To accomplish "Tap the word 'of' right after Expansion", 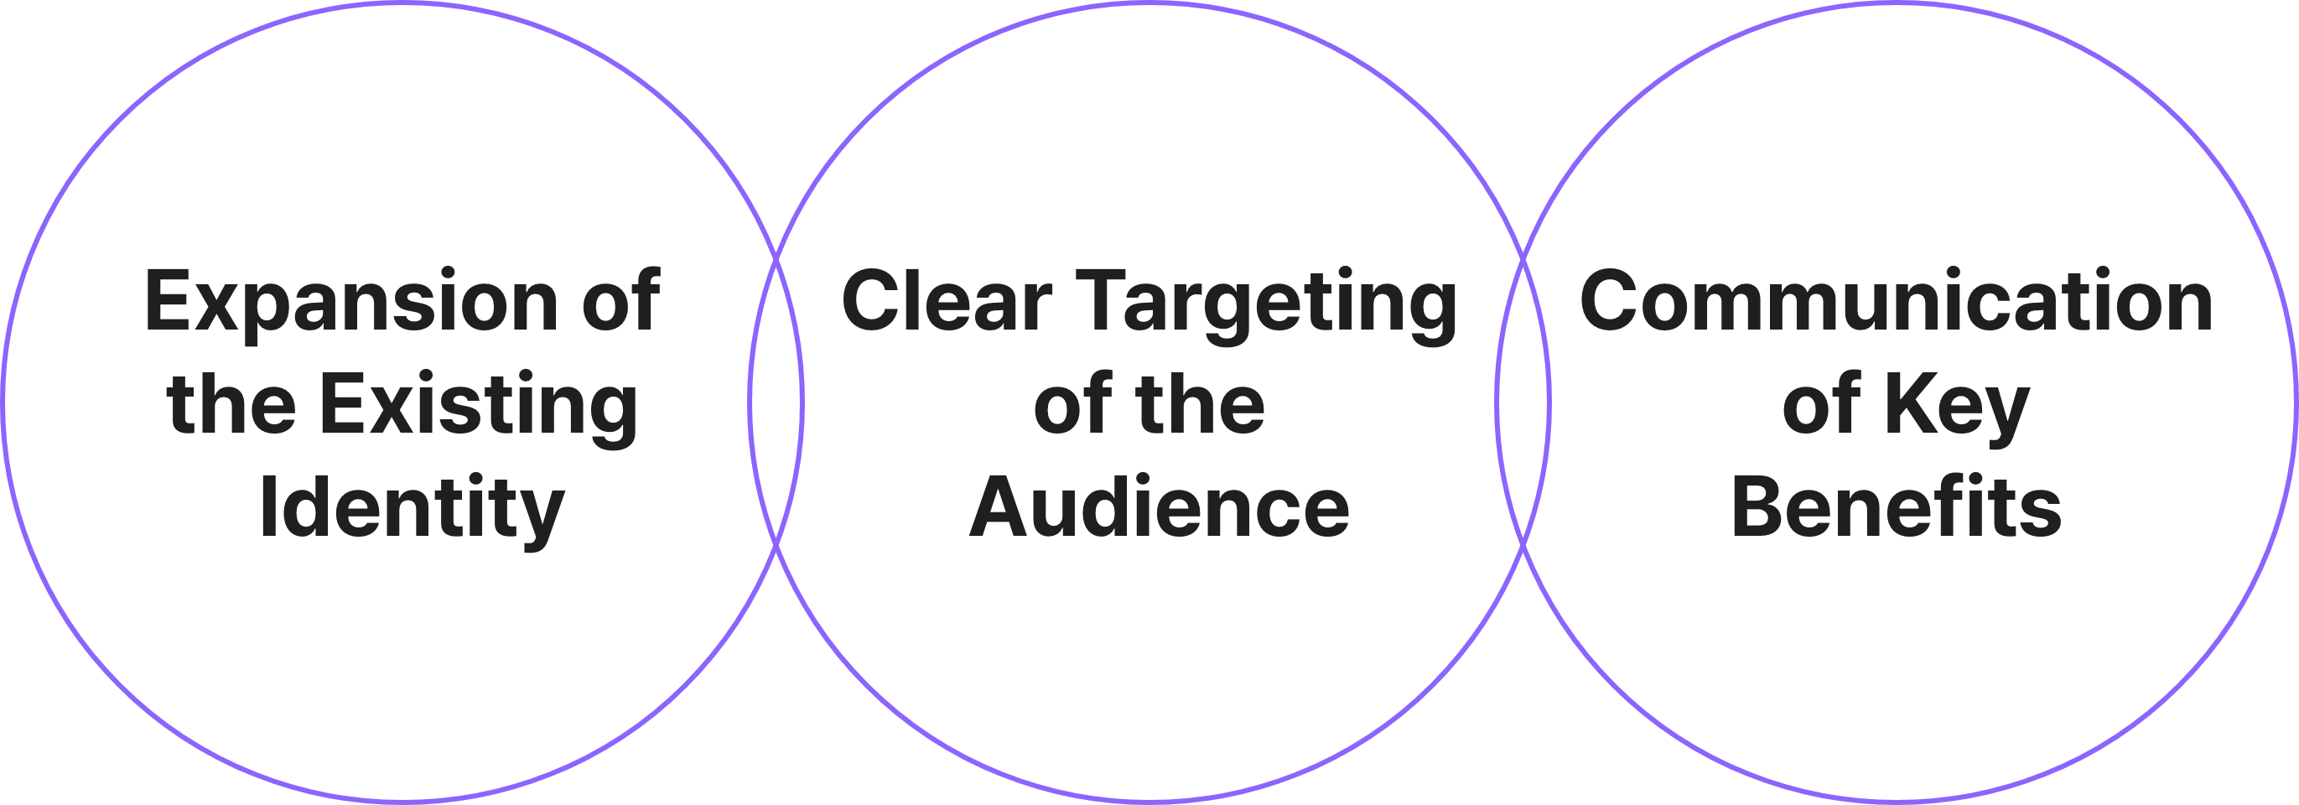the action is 621,299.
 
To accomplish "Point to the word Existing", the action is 479,408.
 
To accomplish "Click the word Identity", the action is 413,512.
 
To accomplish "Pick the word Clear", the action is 947,301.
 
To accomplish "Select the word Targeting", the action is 1266,305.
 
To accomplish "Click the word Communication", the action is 1897,300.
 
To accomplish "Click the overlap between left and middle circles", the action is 776,402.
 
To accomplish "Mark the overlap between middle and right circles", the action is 1523,402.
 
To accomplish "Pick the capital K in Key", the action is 1914,402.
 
